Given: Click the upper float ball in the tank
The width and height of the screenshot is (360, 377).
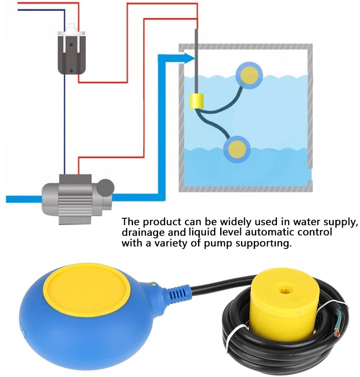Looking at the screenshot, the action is tap(249, 75).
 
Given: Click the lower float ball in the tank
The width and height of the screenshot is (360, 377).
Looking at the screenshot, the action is tap(237, 149).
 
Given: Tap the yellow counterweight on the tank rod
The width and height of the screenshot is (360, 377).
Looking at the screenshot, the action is tap(197, 101).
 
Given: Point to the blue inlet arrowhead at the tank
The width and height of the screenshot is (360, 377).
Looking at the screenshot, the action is tap(189, 58).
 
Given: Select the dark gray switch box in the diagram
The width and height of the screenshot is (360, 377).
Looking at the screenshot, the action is tap(71, 53).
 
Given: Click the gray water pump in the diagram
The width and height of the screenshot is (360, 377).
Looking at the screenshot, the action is tap(77, 199).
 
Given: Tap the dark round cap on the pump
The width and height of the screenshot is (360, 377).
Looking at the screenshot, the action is tap(105, 188).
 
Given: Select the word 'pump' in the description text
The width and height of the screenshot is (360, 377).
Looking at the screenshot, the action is tap(218, 244).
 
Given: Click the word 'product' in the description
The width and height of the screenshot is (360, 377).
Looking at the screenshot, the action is tap(162, 221).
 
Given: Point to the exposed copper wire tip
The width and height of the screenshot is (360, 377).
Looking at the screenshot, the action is tap(337, 334).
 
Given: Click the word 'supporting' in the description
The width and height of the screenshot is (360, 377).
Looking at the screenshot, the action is tap(264, 244).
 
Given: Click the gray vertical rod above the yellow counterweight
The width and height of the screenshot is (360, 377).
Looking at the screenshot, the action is tap(196, 62).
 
